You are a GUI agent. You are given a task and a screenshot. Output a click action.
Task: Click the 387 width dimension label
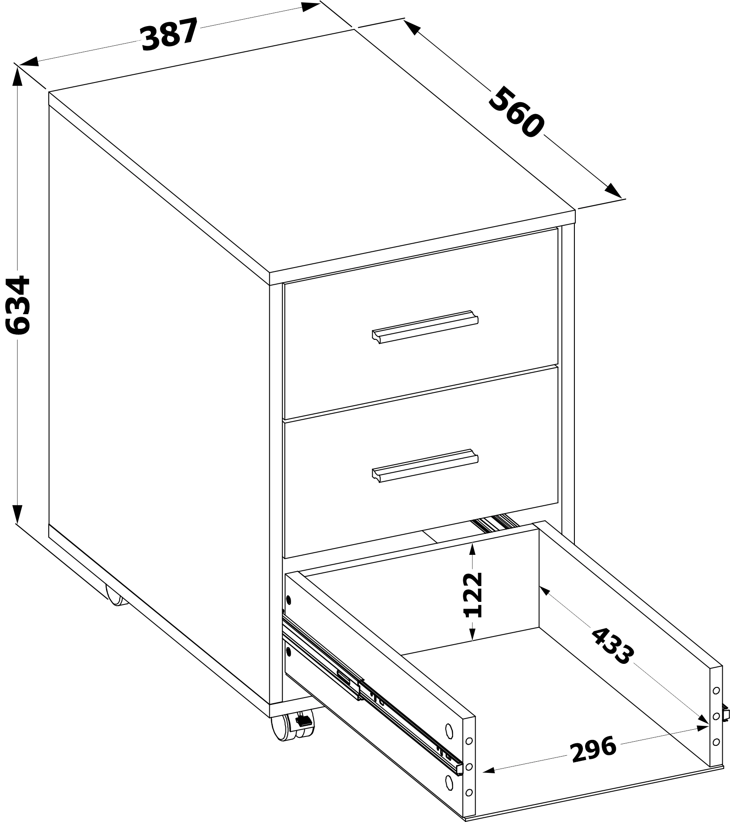[170, 33]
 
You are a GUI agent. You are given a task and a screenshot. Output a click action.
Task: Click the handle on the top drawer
[425, 327]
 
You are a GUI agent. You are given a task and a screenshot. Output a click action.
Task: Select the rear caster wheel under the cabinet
[115, 596]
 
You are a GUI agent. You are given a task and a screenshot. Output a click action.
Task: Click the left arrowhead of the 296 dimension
[488, 770]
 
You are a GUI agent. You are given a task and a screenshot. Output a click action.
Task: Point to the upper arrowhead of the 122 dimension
[472, 549]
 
